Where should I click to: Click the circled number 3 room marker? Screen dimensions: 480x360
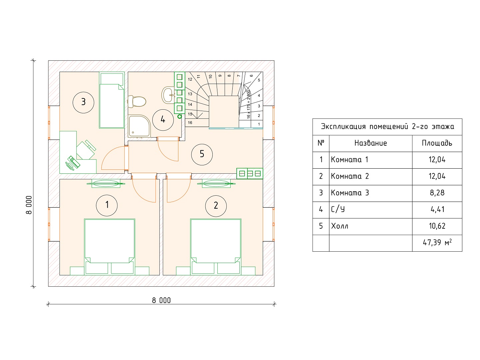(x=83, y=102)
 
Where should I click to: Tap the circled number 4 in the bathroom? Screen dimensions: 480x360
(x=163, y=120)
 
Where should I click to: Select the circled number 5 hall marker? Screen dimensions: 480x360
(x=202, y=154)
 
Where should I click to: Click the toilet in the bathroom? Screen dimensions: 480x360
(x=137, y=101)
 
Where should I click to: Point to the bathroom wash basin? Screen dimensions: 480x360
(x=168, y=95)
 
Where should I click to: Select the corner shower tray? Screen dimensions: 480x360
(x=139, y=126)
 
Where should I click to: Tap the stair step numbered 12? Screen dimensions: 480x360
(x=190, y=79)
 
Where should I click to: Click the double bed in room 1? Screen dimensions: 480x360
(x=110, y=247)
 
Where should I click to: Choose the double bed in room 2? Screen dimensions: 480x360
(x=216, y=247)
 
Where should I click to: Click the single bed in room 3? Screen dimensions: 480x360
(x=112, y=100)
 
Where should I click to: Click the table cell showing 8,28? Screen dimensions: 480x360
(x=437, y=193)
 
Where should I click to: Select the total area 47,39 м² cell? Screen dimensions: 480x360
(x=437, y=243)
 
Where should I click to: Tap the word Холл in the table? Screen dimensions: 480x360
(x=340, y=226)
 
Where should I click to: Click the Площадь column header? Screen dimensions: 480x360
(x=437, y=143)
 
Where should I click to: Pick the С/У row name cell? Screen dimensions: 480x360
(x=371, y=210)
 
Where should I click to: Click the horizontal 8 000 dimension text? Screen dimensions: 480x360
(x=161, y=301)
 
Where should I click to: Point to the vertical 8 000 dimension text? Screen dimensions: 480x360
(x=29, y=205)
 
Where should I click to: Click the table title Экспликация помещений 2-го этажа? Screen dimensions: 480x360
(x=387, y=127)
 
